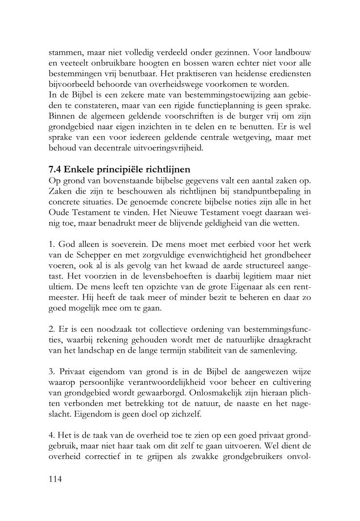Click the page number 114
pos(56,479)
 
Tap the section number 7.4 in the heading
pos(57,170)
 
